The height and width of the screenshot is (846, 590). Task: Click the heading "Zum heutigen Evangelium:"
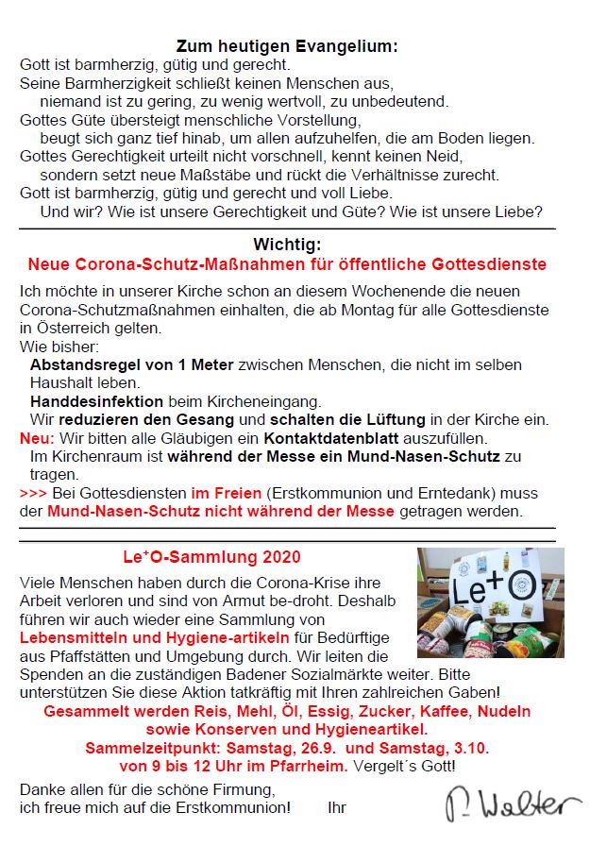[287, 46]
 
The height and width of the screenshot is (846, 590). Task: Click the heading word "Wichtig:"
[287, 245]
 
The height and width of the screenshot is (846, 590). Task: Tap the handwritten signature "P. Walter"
[514, 803]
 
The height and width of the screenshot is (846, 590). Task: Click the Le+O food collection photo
[490, 602]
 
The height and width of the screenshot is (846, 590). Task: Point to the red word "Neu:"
[38, 438]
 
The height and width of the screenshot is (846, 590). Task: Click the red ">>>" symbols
[33, 494]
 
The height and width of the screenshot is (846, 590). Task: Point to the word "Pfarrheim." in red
[309, 765]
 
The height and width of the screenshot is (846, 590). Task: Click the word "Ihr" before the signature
[337, 807]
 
